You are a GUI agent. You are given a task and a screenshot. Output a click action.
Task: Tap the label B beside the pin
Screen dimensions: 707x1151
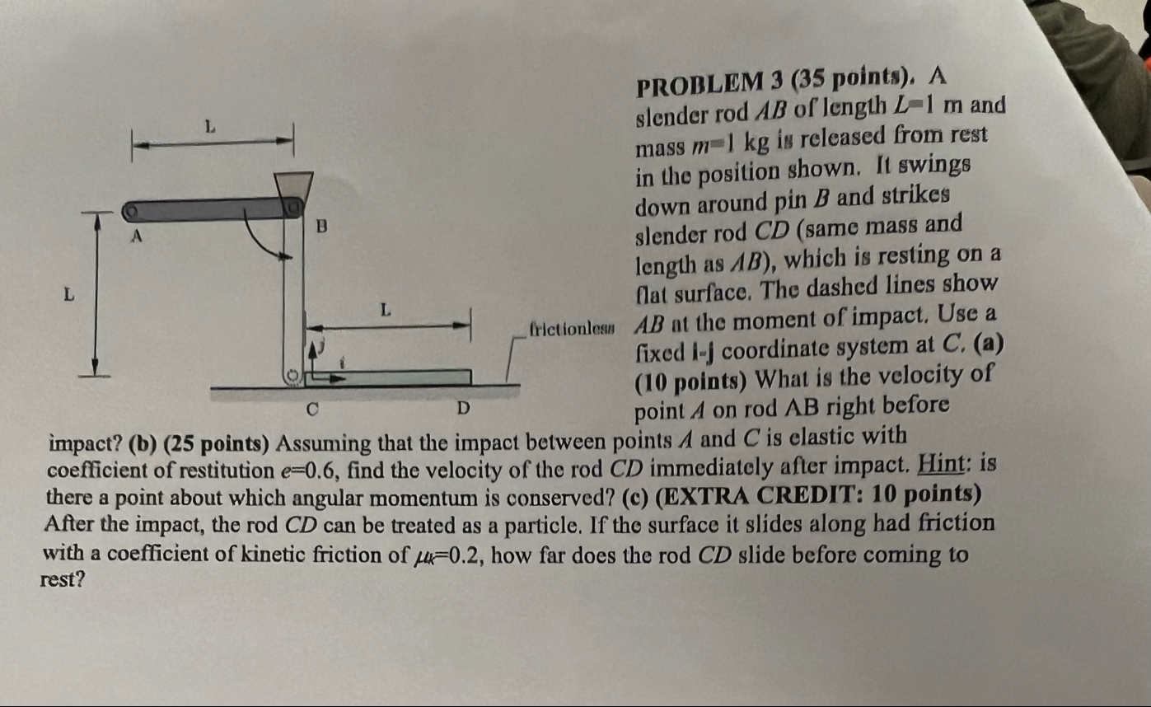point(322,223)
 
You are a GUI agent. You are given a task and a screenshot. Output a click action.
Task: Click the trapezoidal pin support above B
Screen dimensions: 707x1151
point(295,185)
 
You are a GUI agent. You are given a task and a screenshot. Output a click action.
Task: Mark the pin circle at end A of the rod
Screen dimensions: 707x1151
point(130,213)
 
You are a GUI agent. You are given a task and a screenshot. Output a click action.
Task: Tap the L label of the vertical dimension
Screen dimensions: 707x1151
point(70,293)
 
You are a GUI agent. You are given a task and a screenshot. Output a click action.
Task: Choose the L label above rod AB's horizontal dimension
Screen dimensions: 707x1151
point(210,126)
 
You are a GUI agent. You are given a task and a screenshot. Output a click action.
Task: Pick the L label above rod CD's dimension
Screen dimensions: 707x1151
point(383,311)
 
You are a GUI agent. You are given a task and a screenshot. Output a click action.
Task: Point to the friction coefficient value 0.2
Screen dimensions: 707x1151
point(447,553)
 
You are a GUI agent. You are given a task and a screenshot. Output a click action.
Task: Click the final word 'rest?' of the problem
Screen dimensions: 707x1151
point(61,580)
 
